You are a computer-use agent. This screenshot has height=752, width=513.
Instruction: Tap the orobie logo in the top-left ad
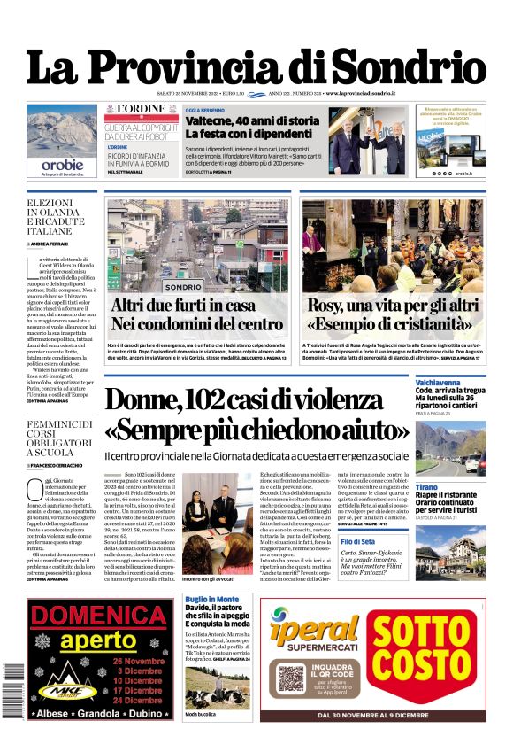pos(62,165)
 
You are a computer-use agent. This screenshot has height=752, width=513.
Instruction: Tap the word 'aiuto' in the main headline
pos(371,430)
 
